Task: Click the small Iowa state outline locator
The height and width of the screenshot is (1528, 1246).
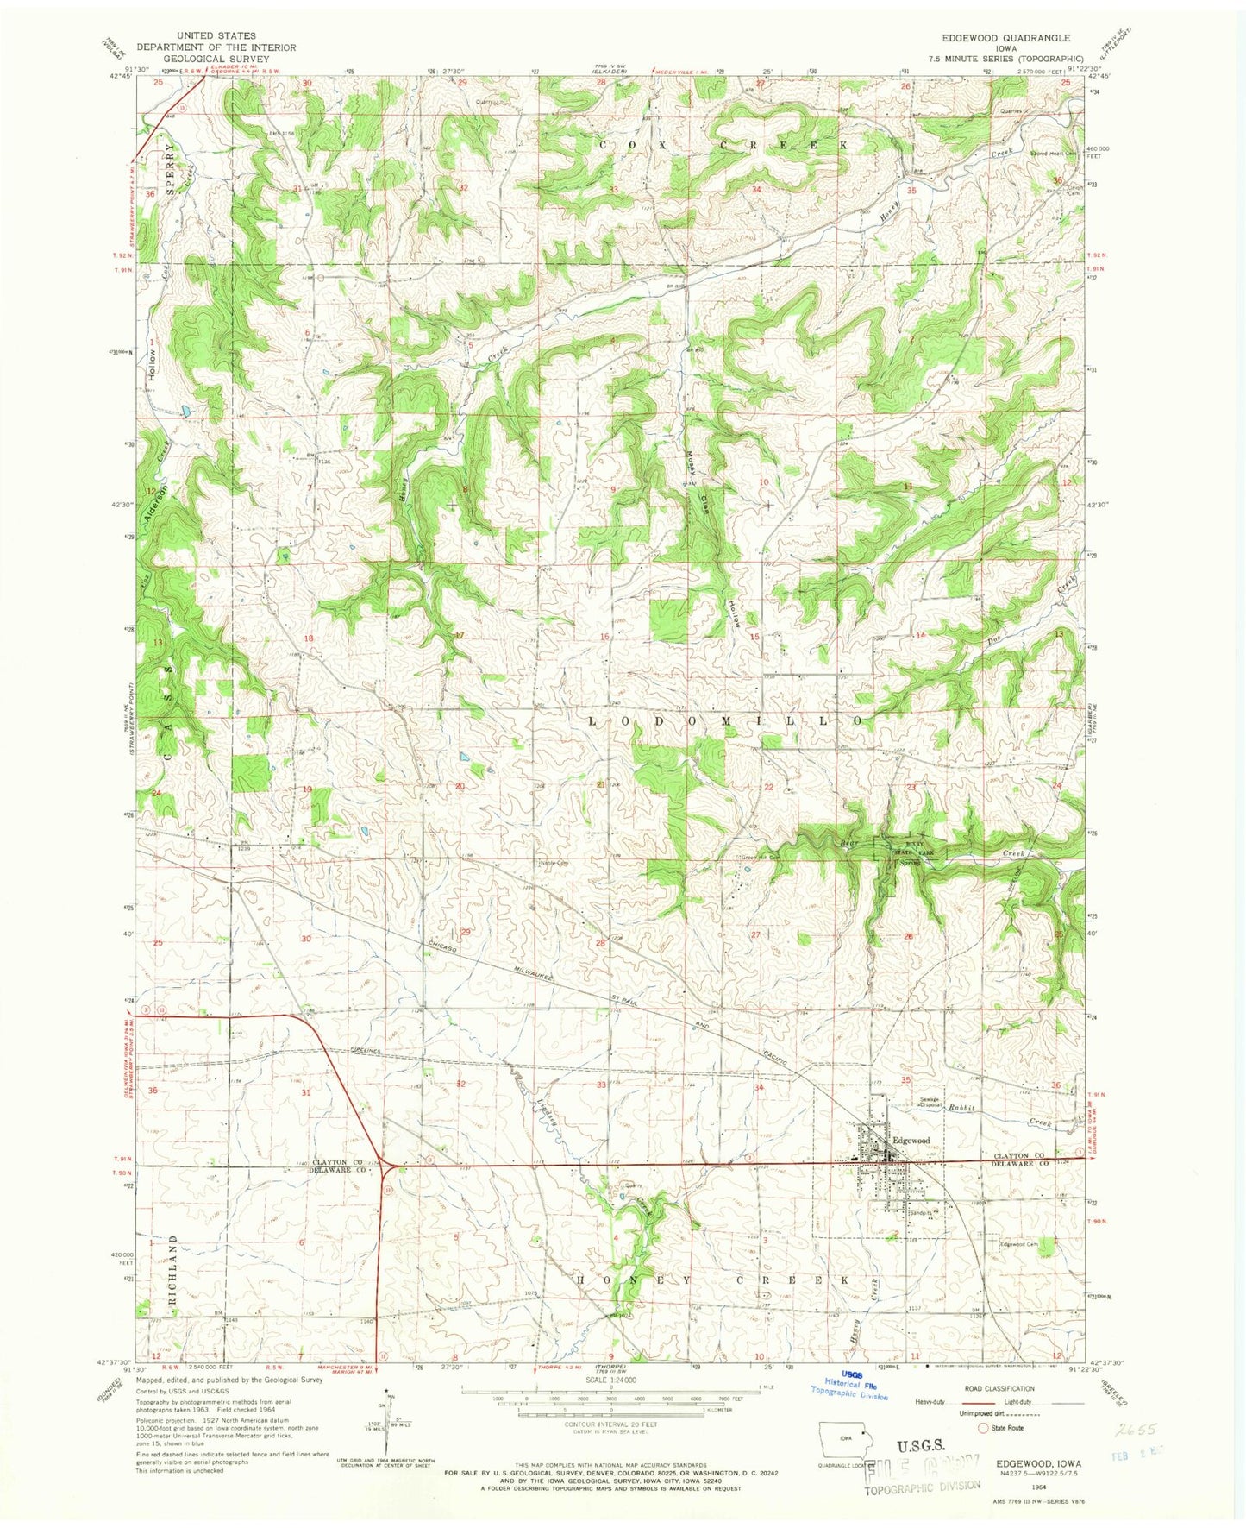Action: pos(845,1444)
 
